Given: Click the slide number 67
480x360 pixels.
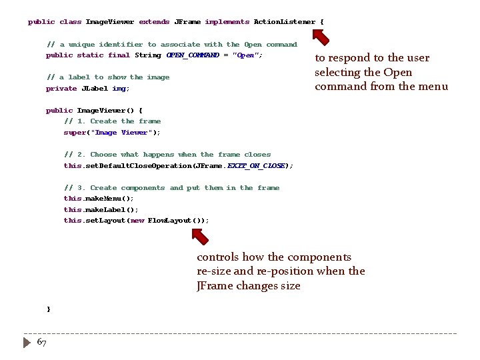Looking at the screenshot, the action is click(x=41, y=342).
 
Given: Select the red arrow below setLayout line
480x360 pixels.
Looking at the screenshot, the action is click(x=199, y=235).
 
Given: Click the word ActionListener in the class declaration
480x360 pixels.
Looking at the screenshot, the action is click(x=285, y=22).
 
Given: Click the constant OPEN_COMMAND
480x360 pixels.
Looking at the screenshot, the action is click(x=193, y=55).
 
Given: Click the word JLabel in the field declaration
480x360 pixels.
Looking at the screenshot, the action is click(x=94, y=89).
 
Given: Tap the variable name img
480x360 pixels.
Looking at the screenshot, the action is click(x=119, y=89).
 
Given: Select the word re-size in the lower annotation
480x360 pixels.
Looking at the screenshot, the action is click(x=215, y=271).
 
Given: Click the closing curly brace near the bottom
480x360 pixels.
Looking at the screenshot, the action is click(x=48, y=309).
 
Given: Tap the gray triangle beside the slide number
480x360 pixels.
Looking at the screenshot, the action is click(x=27, y=342).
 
